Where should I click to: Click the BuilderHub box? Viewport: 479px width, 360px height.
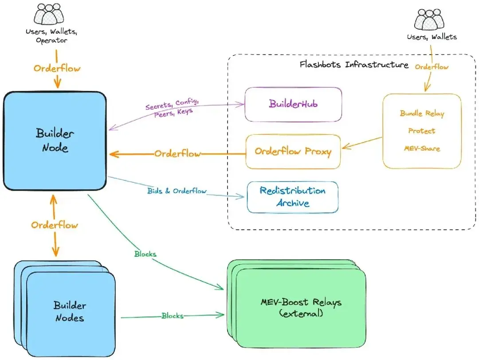[x=293, y=104]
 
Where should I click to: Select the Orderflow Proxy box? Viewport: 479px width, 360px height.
[x=293, y=152]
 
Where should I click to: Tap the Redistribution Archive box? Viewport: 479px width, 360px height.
[x=292, y=197]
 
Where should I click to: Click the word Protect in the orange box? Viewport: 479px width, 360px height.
[x=421, y=131]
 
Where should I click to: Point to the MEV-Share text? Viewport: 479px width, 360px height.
[x=421, y=148]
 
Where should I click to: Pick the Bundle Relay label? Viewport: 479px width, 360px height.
[x=422, y=113]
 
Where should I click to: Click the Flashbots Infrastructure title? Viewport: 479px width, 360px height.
[x=353, y=65]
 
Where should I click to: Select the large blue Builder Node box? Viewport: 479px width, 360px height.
[x=55, y=141]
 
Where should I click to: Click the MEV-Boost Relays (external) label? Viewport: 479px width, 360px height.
[x=302, y=308]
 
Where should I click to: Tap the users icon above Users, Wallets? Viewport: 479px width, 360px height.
[x=428, y=21]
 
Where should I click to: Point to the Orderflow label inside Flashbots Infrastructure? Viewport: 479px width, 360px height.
[x=432, y=67]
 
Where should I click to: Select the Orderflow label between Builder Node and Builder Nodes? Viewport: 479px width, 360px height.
[x=55, y=225]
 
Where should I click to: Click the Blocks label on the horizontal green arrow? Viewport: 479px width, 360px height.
[x=172, y=316]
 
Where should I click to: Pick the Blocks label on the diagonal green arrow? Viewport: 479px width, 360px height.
[x=145, y=254]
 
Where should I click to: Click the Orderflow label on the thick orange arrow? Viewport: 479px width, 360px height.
[x=177, y=154]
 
